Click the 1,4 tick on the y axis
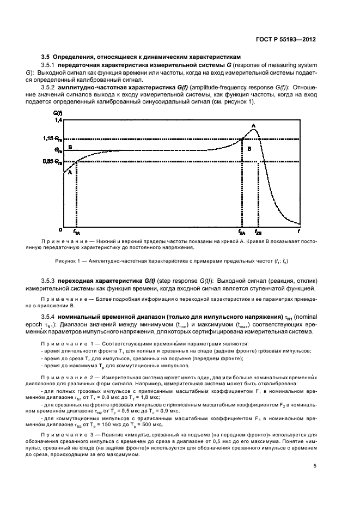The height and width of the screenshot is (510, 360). pos(58,119)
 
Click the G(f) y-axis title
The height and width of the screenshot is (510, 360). pos(58,113)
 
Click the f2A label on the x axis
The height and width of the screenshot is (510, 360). pos(242,232)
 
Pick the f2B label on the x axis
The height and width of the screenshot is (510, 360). pos(258,232)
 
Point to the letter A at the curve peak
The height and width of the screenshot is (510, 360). pos(253,125)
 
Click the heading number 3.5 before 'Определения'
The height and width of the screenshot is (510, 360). pos(46,57)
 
